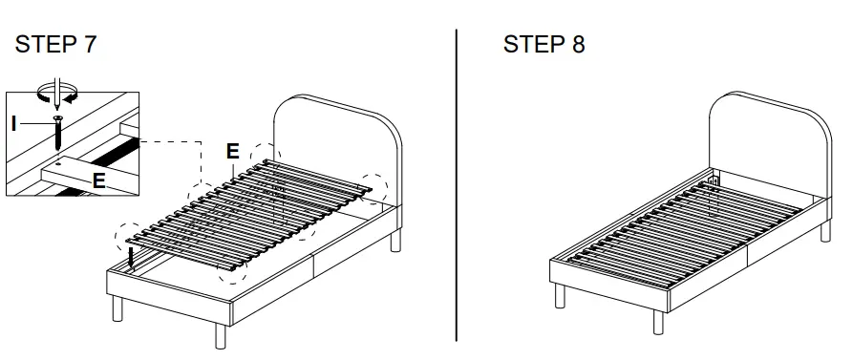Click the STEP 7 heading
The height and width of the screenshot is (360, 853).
[55, 44]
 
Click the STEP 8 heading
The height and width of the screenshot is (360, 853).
[544, 44]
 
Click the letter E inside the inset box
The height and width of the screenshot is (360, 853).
[98, 178]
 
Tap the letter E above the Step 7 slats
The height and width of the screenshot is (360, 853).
[232, 151]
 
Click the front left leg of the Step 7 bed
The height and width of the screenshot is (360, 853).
[117, 309]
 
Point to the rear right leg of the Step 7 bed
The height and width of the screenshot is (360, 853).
[395, 240]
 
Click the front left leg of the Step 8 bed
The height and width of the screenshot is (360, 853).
[561, 295]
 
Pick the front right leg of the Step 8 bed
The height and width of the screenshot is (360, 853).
[658, 321]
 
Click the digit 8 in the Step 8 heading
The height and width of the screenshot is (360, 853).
[579, 44]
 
